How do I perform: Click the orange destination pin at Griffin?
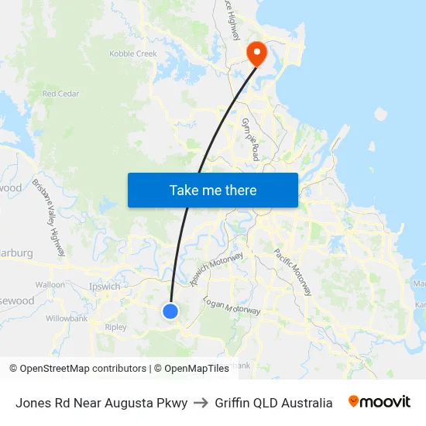pyautogui.click(x=256, y=53)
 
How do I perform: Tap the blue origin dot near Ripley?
pyautogui.click(x=170, y=311)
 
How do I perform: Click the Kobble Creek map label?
pyautogui.click(x=133, y=54)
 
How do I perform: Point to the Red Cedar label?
pyautogui.click(x=61, y=94)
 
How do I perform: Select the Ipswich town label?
pyautogui.click(x=105, y=287)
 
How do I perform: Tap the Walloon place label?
pyautogui.click(x=50, y=284)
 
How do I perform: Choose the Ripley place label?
pyautogui.click(x=115, y=327)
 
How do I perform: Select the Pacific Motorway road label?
pyautogui.click(x=293, y=272)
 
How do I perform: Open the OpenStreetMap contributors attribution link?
pyautogui.click(x=81, y=369)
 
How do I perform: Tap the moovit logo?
pyautogui.click(x=379, y=402)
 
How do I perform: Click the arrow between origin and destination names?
pyautogui.click(x=200, y=403)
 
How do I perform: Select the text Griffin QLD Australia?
pyautogui.click(x=273, y=403)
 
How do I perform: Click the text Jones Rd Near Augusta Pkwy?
pyautogui.click(x=101, y=403)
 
